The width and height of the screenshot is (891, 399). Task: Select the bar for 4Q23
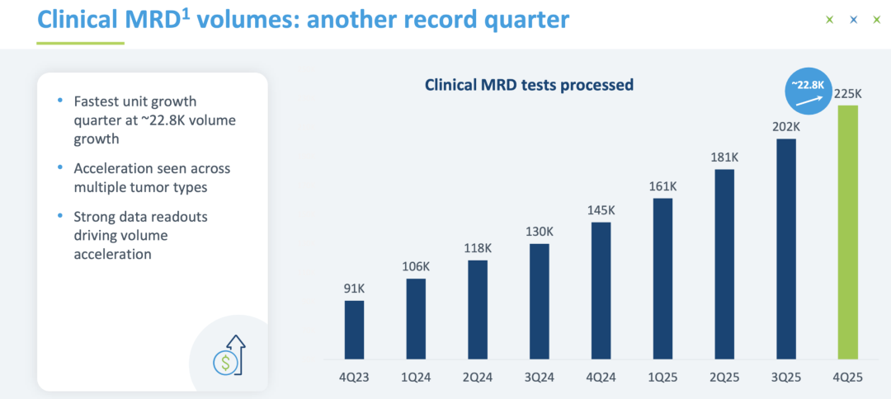[x=354, y=329]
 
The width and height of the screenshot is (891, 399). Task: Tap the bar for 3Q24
[x=539, y=301]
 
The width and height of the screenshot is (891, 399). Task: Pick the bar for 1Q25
[x=662, y=279]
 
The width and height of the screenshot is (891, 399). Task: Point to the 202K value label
[x=785, y=128]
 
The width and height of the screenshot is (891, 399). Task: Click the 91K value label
[x=354, y=289]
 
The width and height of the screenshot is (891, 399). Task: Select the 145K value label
[x=601, y=211]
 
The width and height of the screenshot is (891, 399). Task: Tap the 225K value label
[x=848, y=94]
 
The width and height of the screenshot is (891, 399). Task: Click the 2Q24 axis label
[x=478, y=376]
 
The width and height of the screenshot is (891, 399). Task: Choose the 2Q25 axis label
[x=724, y=376]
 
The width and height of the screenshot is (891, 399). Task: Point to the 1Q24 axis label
[x=416, y=376]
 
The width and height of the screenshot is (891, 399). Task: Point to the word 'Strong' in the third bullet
[x=94, y=218]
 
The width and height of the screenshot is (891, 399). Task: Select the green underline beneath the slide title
[x=80, y=42]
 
